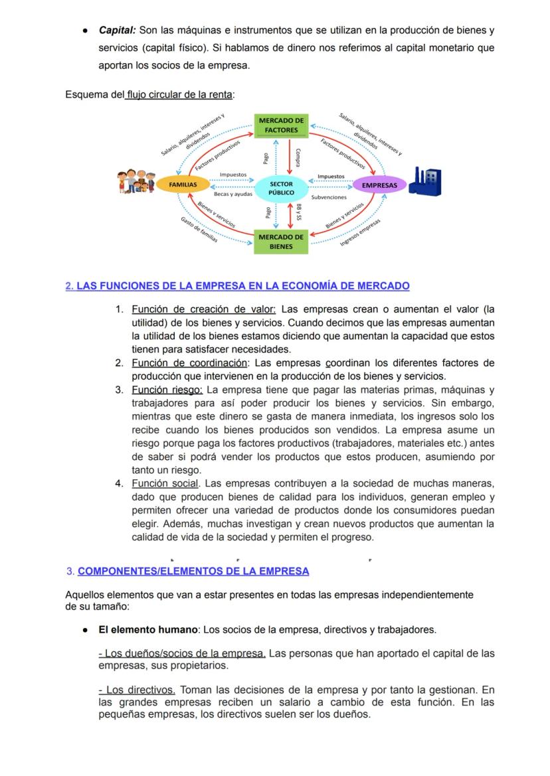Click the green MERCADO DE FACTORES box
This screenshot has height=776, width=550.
pyautogui.click(x=281, y=125)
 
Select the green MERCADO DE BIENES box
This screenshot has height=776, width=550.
pyautogui.click(x=281, y=242)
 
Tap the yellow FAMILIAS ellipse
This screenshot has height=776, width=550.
pyautogui.click(x=182, y=185)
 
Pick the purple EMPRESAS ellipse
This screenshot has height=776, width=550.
pyautogui.click(x=379, y=185)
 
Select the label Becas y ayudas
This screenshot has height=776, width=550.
pyautogui.click(x=232, y=194)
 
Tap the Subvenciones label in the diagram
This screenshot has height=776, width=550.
pyautogui.click(x=329, y=197)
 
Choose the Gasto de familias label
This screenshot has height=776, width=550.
pyautogui.click(x=199, y=230)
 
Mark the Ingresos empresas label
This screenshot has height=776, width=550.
pyautogui.click(x=360, y=232)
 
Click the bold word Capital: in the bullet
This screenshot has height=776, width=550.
pyautogui.click(x=118, y=31)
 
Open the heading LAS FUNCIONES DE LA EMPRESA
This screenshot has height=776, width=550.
pyautogui.click(x=242, y=286)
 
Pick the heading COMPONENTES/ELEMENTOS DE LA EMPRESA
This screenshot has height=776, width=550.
pyautogui.click(x=193, y=571)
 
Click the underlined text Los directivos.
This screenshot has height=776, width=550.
pyautogui.click(x=136, y=690)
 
